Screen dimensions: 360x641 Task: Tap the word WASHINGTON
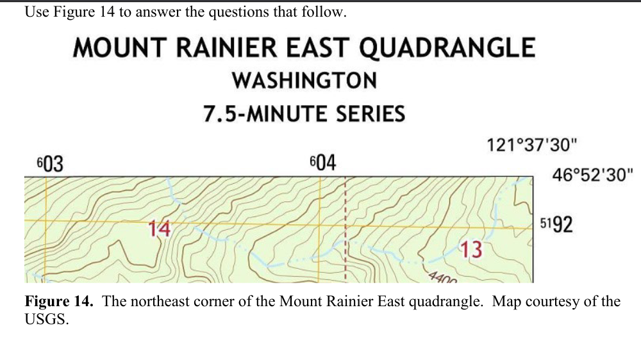coord(304,81)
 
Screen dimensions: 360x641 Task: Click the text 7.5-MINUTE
coord(257,114)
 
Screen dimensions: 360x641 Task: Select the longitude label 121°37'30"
coord(529,145)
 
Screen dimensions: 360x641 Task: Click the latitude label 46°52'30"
coord(592,175)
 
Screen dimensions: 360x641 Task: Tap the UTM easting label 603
coord(49,165)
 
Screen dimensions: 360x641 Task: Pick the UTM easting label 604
coord(322,163)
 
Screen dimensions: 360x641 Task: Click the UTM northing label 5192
coord(556,225)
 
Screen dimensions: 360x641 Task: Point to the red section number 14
coord(159,229)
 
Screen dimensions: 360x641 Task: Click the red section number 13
coord(471,249)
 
